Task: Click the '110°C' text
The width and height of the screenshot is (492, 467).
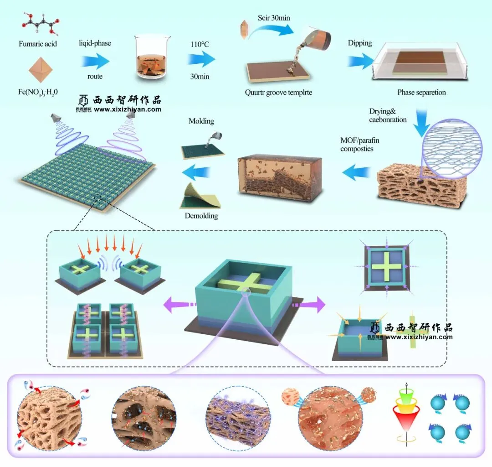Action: (200, 45)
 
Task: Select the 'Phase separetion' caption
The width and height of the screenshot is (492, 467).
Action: (421, 92)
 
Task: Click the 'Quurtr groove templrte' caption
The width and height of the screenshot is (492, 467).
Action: (278, 93)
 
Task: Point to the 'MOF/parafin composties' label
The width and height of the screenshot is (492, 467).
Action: (360, 145)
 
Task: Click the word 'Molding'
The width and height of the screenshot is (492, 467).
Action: (201, 121)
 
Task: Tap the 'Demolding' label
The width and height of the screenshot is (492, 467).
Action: (201, 215)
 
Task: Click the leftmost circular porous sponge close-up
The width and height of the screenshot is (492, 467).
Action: (50, 415)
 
